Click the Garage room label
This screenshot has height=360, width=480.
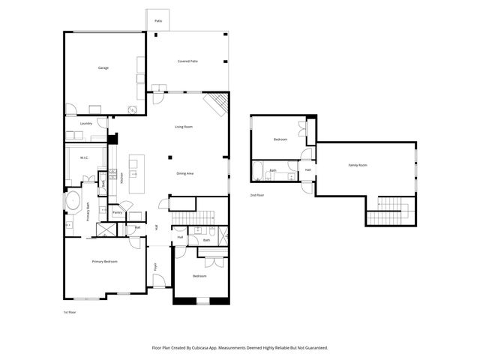(x=103, y=68)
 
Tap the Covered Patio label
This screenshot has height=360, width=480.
(x=187, y=61)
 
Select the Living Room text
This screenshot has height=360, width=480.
(x=185, y=127)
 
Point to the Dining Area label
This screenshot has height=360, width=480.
(x=185, y=173)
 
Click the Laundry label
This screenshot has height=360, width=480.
(x=85, y=123)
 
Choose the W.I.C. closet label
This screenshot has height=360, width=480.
(x=85, y=157)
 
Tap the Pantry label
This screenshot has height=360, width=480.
(x=117, y=212)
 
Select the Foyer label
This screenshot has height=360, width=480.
(x=156, y=266)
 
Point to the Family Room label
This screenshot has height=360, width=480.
(x=358, y=165)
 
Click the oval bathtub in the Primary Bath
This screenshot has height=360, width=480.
(x=73, y=202)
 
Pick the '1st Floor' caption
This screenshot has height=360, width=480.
(x=69, y=311)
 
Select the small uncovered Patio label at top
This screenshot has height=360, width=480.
(x=158, y=21)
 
